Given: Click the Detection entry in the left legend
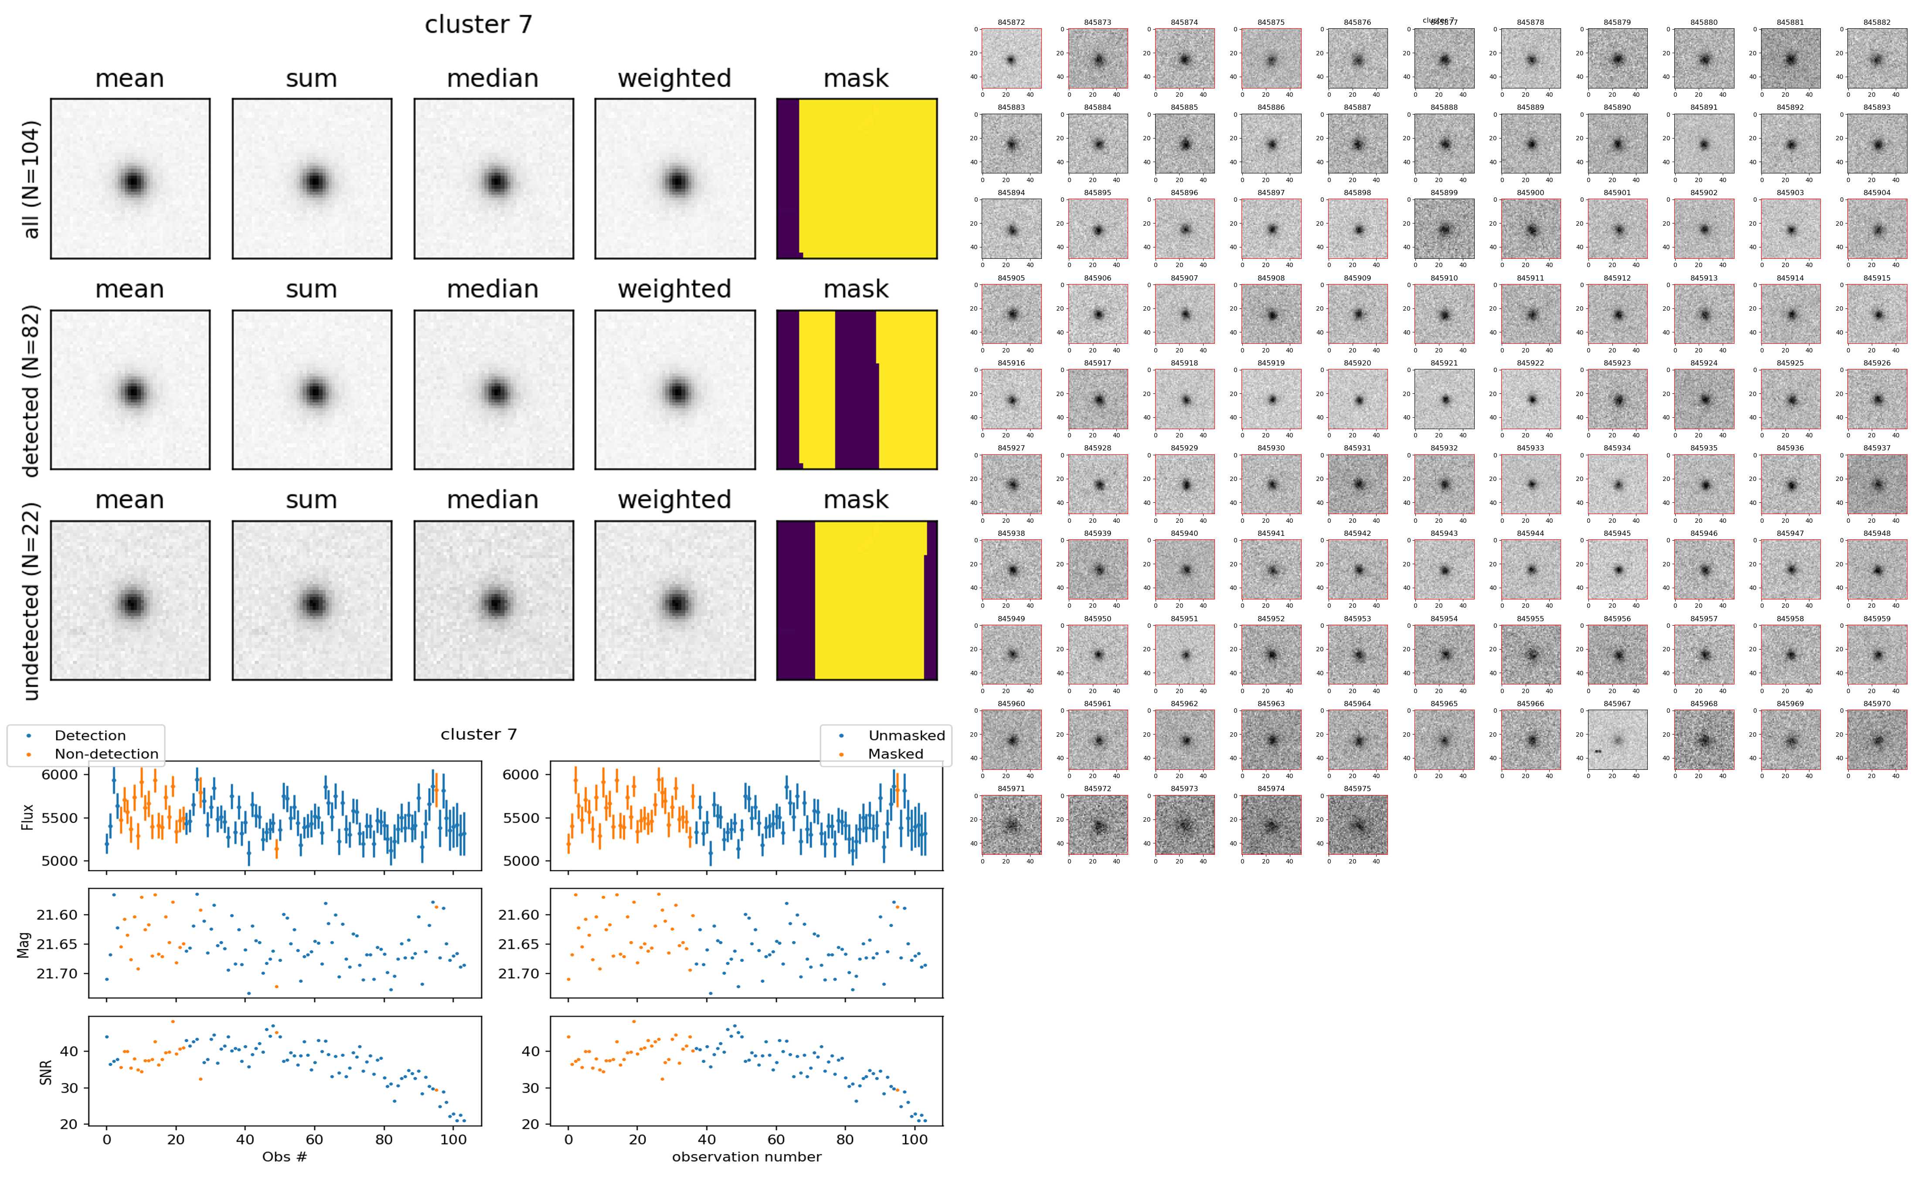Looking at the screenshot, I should point(90,735).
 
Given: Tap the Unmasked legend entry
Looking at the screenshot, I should point(906,735).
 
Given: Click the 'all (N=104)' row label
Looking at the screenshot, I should point(31,179).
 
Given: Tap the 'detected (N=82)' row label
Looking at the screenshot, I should point(31,389).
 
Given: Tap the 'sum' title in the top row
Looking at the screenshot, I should point(311,79).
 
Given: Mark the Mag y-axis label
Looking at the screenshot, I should point(24,944).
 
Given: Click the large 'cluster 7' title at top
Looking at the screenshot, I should point(478,25).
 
